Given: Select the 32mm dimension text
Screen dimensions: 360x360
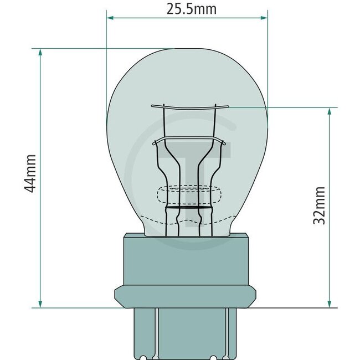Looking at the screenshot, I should pyautogui.click(x=320, y=205).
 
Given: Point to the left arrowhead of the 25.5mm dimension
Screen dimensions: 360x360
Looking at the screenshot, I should pyautogui.click(x=109, y=18).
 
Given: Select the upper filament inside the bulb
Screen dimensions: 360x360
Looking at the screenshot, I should pyautogui.click(x=189, y=106).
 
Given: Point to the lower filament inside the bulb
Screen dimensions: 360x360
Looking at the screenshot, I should pyautogui.click(x=189, y=140).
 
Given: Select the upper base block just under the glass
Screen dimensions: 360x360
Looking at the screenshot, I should pyautogui.click(x=187, y=260).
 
